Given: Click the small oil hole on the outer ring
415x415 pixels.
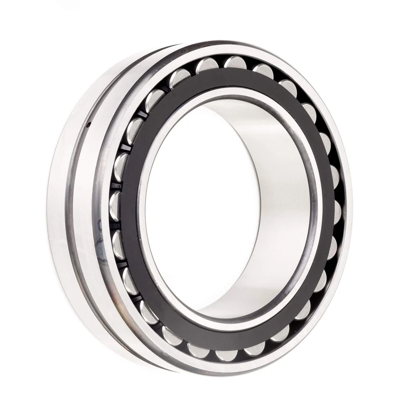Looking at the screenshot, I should coord(89,125).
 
